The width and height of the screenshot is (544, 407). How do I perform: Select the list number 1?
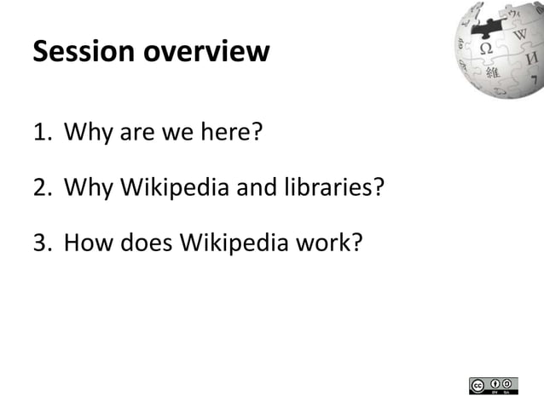[x=41, y=133]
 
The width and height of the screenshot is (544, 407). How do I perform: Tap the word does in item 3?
[x=144, y=244]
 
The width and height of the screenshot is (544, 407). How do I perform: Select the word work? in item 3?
[x=335, y=244]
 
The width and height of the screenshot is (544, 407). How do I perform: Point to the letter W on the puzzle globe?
[x=519, y=37]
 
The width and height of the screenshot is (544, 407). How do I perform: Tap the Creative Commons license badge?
[x=494, y=385]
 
